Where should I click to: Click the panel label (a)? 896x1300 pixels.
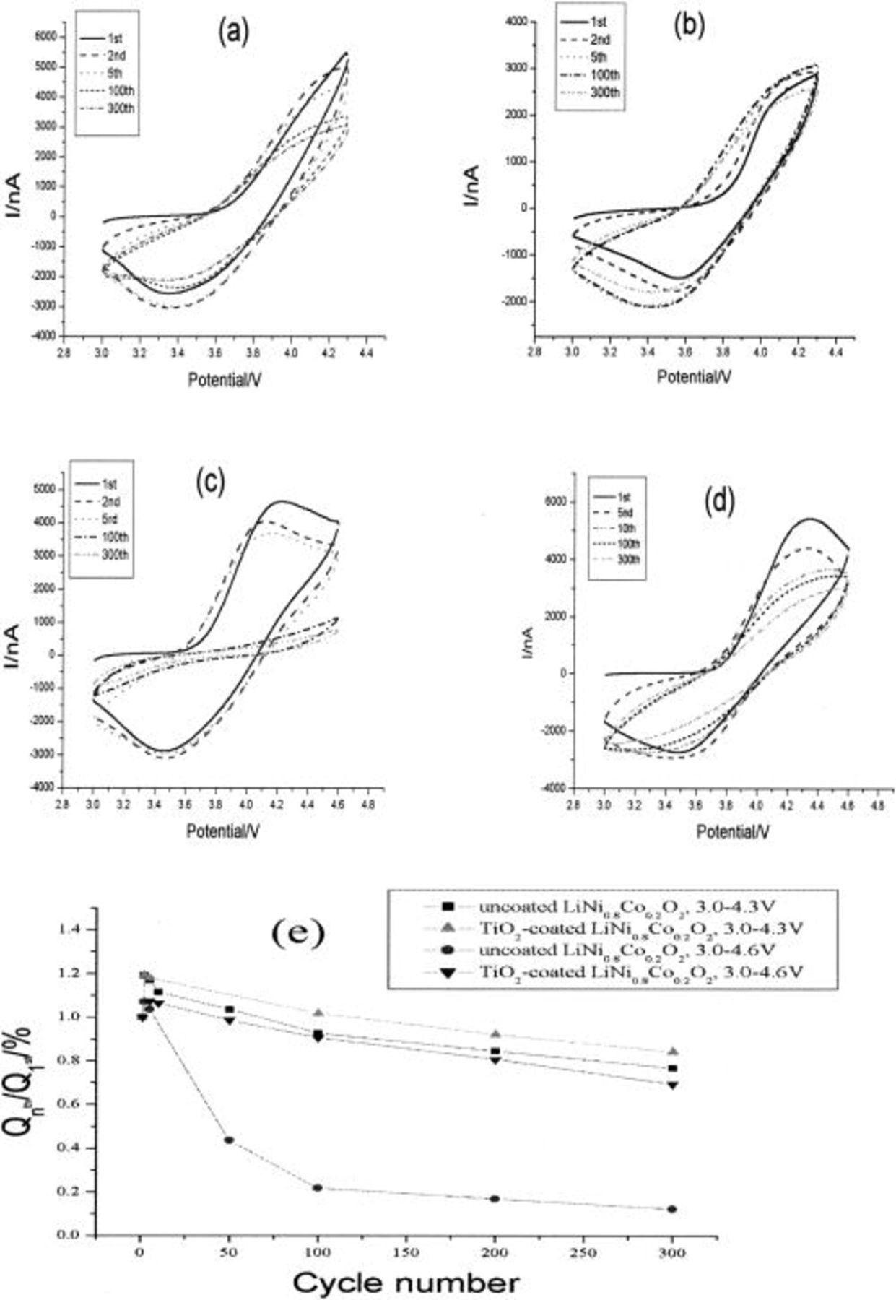pyautogui.click(x=234, y=32)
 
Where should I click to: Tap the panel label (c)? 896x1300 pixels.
pyautogui.click(x=210, y=481)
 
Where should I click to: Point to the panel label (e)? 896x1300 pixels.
pyautogui.click(x=297, y=934)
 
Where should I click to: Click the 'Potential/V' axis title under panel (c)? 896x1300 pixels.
pyautogui.click(x=223, y=831)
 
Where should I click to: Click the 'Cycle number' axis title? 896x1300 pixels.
pyautogui.click(x=405, y=1283)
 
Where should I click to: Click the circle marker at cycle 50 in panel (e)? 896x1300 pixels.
pyautogui.click(x=229, y=1140)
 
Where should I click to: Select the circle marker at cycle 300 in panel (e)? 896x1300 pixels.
pyautogui.click(x=672, y=1209)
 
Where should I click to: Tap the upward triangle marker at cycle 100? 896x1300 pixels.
pyautogui.click(x=318, y=1013)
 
